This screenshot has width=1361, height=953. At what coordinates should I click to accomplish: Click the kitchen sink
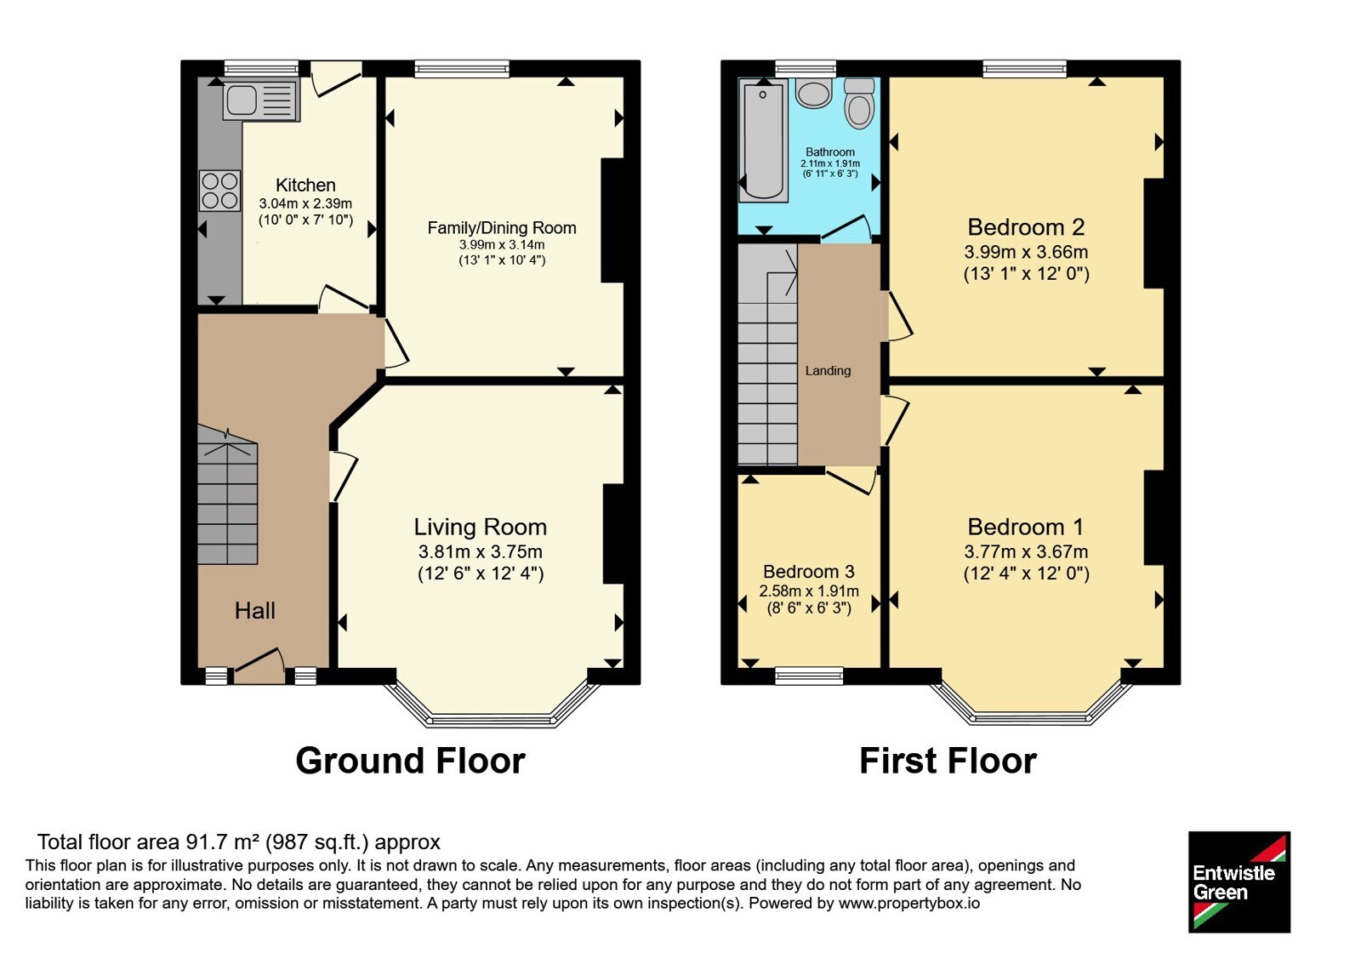coord(261,100)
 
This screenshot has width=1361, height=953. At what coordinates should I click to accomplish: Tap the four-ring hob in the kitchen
coord(220,191)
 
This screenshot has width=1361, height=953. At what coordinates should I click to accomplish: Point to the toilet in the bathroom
coord(859,103)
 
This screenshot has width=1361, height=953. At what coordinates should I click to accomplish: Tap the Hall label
coord(255,610)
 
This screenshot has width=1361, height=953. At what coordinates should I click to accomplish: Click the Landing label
coord(828,371)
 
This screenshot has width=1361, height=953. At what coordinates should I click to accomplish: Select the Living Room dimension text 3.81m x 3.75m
coord(480,552)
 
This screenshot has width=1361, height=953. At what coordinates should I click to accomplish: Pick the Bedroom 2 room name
coord(1026,226)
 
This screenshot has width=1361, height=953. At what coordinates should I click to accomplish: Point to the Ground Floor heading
coord(410,761)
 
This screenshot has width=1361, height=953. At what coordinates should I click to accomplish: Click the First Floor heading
coord(948,761)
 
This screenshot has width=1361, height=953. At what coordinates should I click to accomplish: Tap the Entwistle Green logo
coord(1239,882)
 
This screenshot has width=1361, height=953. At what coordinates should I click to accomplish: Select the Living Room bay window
coord(493,706)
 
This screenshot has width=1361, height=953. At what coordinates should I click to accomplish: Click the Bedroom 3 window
coord(809,676)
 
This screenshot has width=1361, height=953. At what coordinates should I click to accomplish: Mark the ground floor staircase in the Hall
coord(227,495)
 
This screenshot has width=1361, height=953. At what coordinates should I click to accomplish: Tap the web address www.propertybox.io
coord(909,903)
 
